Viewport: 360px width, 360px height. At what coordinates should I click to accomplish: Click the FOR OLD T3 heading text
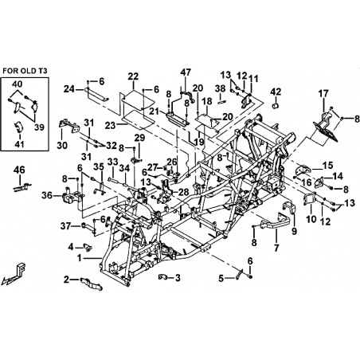25,71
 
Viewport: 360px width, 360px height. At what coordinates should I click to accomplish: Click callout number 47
186,72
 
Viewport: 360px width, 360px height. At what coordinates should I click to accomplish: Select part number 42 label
276,92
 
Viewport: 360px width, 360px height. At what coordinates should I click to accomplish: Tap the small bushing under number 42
275,106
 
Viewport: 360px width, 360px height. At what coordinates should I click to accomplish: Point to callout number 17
323,93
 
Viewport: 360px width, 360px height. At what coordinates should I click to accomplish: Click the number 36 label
47,196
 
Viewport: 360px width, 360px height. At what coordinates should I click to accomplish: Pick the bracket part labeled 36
71,196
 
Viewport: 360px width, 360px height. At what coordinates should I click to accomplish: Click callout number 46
20,170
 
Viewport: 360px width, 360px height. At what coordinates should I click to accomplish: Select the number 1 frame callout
79,257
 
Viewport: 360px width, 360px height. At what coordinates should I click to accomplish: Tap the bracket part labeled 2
91,284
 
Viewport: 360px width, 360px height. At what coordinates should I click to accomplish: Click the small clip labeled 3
162,277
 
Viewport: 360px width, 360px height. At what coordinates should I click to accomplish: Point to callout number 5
221,279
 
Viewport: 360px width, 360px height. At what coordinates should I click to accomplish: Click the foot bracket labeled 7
274,222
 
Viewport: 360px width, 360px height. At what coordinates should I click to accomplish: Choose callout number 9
294,231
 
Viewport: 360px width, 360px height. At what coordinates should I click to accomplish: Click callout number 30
62,145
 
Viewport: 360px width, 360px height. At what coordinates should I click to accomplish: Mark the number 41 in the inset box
19,144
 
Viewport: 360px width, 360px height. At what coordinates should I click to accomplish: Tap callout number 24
68,89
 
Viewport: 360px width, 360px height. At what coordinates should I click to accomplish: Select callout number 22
133,76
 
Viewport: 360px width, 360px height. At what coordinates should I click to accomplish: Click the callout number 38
220,88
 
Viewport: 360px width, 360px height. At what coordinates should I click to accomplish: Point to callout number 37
65,226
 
